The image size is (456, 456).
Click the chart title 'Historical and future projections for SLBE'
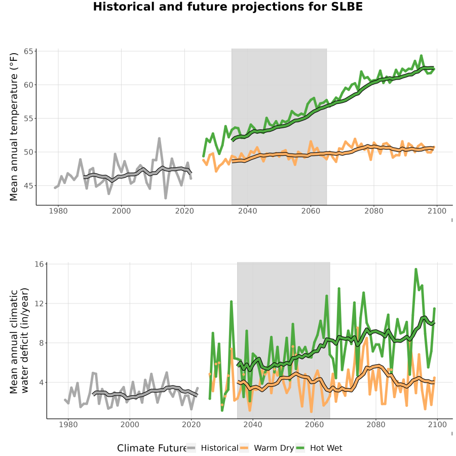[x=227, y=7]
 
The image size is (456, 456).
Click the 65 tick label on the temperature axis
[x=28, y=52]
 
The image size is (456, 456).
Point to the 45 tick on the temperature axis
[x=28, y=185]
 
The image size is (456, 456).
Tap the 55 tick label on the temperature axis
[x=28, y=119]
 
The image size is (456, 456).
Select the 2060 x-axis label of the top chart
[x=311, y=211]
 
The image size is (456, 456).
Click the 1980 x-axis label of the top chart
[x=58, y=211]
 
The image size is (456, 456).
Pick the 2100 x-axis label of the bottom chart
[x=437, y=425]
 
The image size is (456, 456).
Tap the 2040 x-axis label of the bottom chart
[x=253, y=425]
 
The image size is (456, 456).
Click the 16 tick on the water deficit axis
[x=39, y=264]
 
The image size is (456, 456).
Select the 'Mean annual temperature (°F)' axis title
[x=14, y=127]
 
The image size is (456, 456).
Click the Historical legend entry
[x=212, y=448]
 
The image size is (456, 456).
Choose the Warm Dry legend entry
[x=267, y=448]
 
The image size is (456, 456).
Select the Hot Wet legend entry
[x=319, y=448]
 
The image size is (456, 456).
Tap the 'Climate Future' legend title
[x=151, y=448]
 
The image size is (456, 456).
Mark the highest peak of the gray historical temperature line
[x=159, y=138]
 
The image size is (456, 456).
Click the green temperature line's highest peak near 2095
[x=421, y=56]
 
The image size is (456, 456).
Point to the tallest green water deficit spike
[x=416, y=270]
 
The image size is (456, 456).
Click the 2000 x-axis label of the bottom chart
[x=130, y=425]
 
